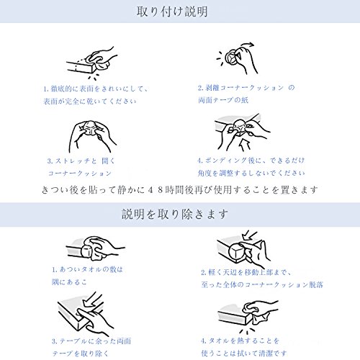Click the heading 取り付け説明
[x=172, y=12]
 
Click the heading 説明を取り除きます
[x=175, y=214]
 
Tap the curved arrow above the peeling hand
[x=247, y=45]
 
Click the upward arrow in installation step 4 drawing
[x=245, y=145]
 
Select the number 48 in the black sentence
[x=156, y=190]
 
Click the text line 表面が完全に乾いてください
[x=90, y=102]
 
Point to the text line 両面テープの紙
[x=223, y=100]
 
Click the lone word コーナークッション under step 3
[x=80, y=174]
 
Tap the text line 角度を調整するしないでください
[x=251, y=173]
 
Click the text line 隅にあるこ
[x=69, y=282]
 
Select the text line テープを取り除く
[x=81, y=354]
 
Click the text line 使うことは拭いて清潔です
[x=244, y=353]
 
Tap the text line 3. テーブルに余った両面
[x=91, y=341]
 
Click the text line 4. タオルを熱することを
[x=240, y=341]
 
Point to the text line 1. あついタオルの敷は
[x=87, y=269]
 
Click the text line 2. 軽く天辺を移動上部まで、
[x=246, y=272]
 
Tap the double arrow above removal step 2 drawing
[x=250, y=235]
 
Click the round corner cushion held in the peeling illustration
[x=232, y=58]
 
